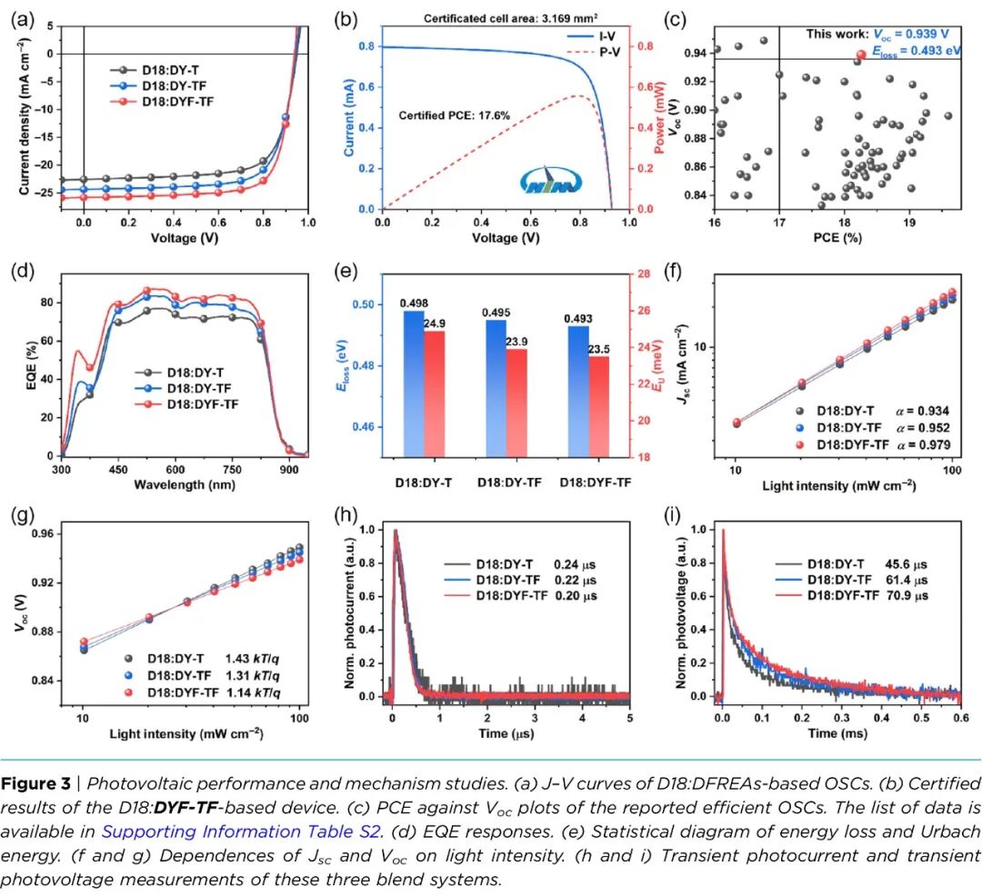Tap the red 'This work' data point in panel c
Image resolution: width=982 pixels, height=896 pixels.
860,55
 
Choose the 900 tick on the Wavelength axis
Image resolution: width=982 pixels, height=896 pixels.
288,471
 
